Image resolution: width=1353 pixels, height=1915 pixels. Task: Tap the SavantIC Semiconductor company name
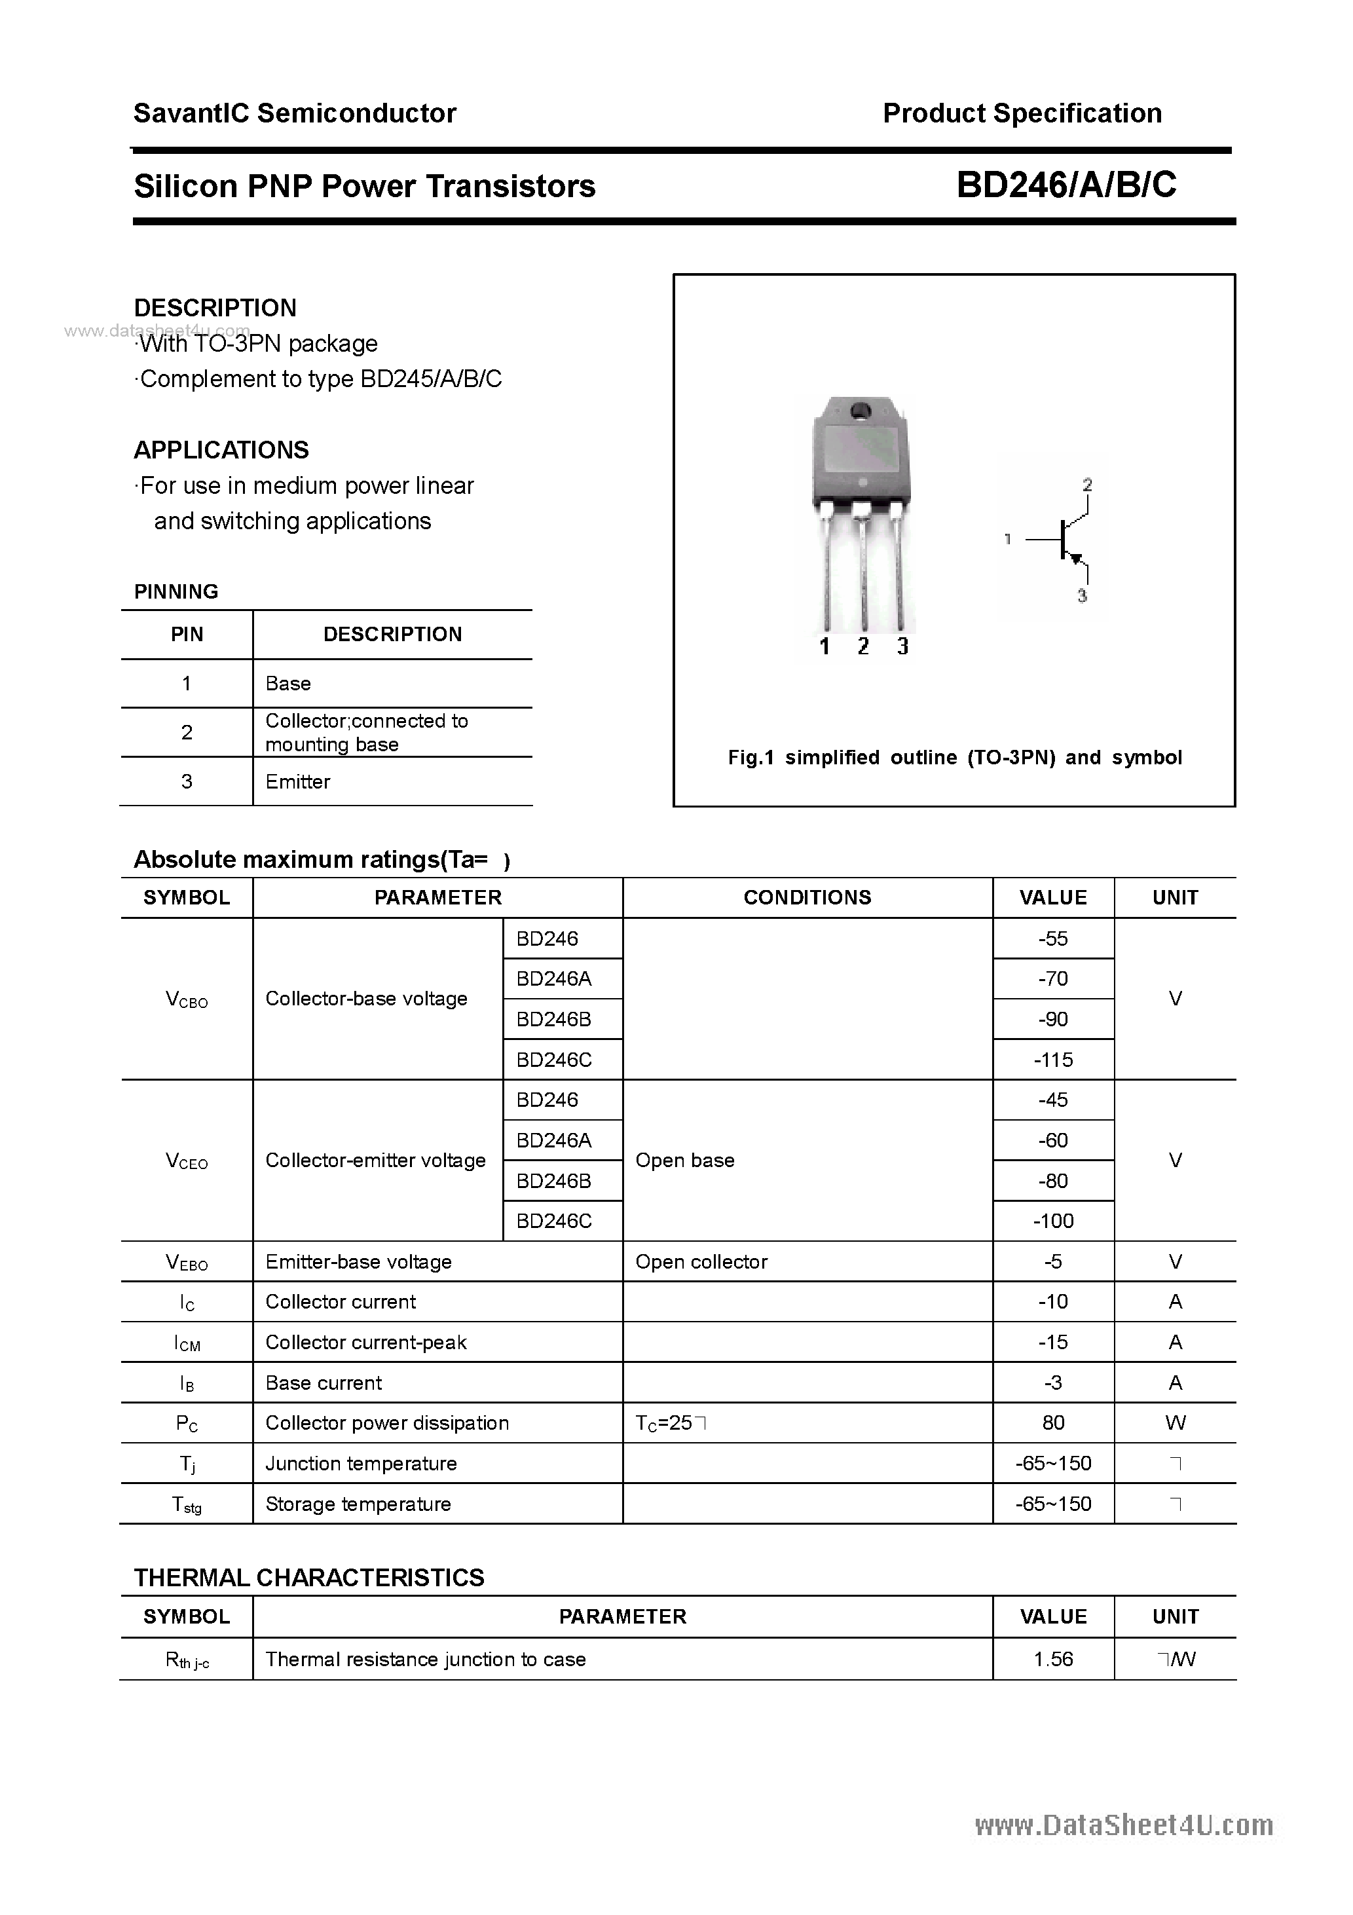(x=295, y=113)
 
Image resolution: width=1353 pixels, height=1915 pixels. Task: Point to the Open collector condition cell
(x=701, y=1262)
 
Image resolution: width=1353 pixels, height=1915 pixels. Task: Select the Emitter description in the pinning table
(x=298, y=781)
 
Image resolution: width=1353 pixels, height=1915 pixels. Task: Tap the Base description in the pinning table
(x=287, y=684)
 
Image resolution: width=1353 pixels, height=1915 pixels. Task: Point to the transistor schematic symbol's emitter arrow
(x=1076, y=558)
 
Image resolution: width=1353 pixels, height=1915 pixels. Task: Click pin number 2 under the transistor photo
(x=863, y=646)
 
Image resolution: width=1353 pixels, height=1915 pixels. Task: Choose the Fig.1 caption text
(x=954, y=757)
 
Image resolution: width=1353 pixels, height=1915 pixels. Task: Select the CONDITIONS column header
(x=807, y=897)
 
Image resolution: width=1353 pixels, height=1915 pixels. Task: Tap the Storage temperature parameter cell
(x=358, y=1504)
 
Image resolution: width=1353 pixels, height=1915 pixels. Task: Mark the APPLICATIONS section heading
(x=221, y=451)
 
